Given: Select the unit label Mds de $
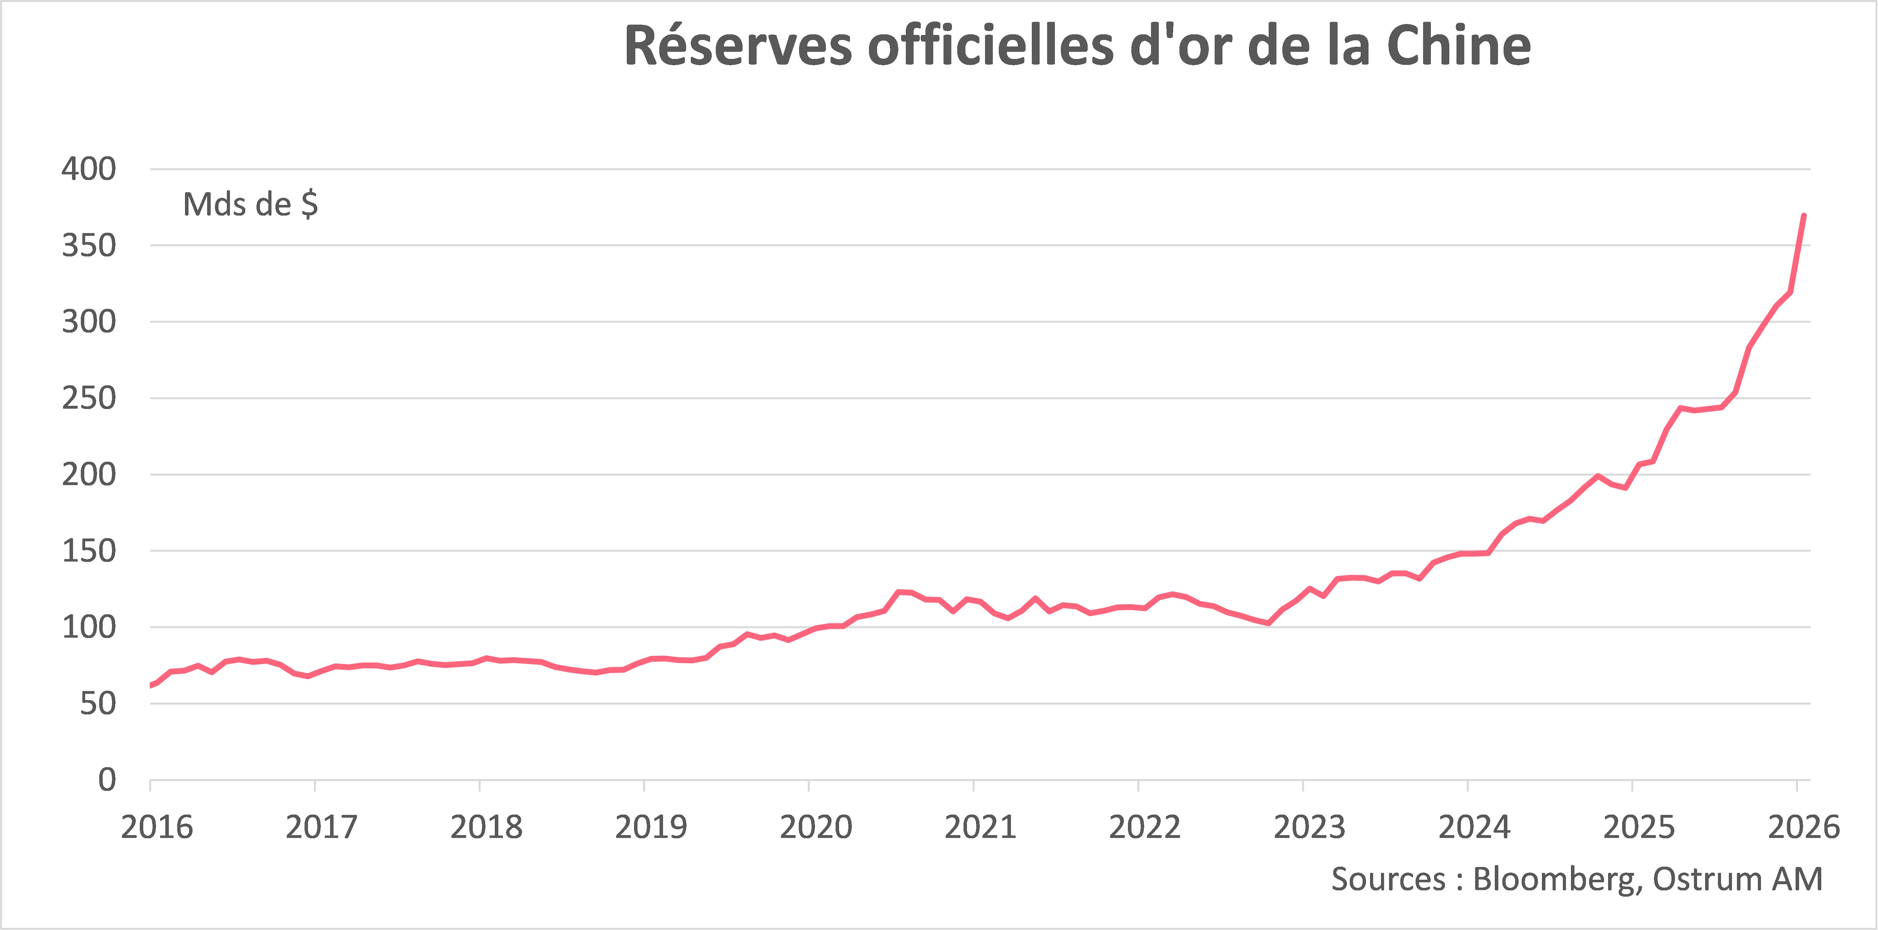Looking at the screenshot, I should [250, 205].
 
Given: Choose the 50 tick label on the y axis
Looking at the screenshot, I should [98, 704].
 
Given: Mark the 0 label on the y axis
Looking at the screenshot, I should [107, 781].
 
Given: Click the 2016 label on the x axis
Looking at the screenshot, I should [157, 827].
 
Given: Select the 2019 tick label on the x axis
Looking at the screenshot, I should [651, 827].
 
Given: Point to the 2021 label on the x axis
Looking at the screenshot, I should [981, 827].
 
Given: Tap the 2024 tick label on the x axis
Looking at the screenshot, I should [1474, 827].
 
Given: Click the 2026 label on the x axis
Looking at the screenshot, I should [1804, 827].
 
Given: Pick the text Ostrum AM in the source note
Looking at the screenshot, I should [1737, 880].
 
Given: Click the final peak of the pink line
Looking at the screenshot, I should [1804, 216].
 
